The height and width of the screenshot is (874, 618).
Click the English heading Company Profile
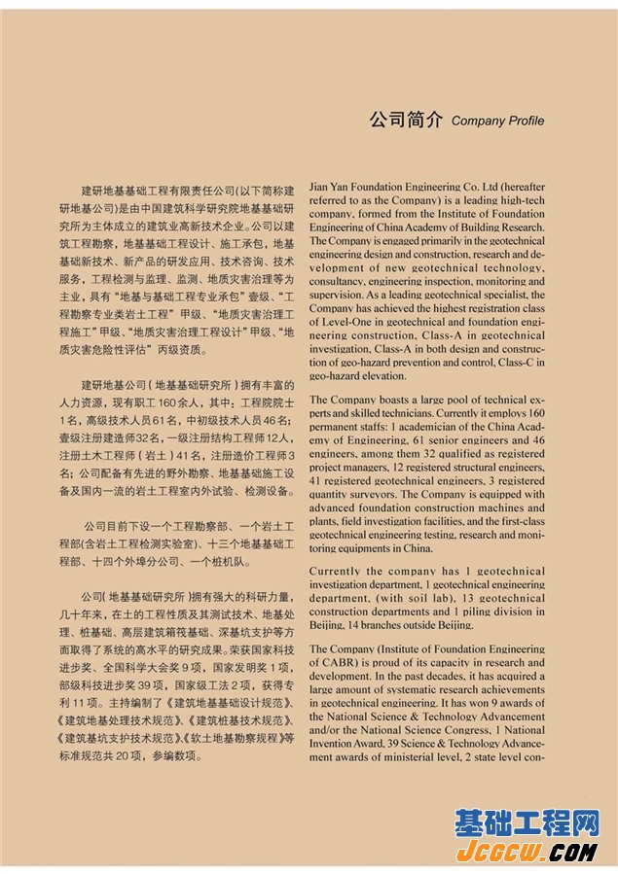[497, 122]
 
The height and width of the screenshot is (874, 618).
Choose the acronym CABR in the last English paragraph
[341, 662]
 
